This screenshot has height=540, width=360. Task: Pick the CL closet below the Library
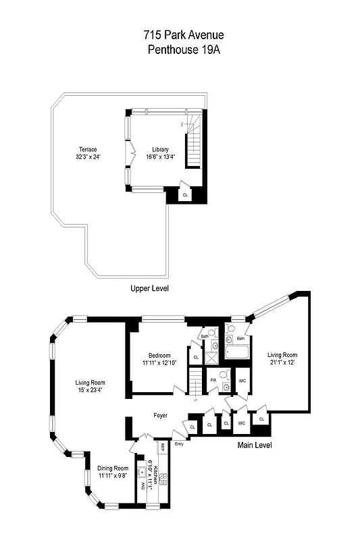186,194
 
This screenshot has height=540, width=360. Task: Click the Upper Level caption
149,288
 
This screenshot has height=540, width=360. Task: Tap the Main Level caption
254,445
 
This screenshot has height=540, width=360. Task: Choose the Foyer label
160,415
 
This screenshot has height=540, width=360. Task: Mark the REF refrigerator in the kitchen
163,447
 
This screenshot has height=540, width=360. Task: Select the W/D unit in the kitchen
143,485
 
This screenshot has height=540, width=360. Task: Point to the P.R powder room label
213,380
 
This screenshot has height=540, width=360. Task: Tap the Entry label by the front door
179,443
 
